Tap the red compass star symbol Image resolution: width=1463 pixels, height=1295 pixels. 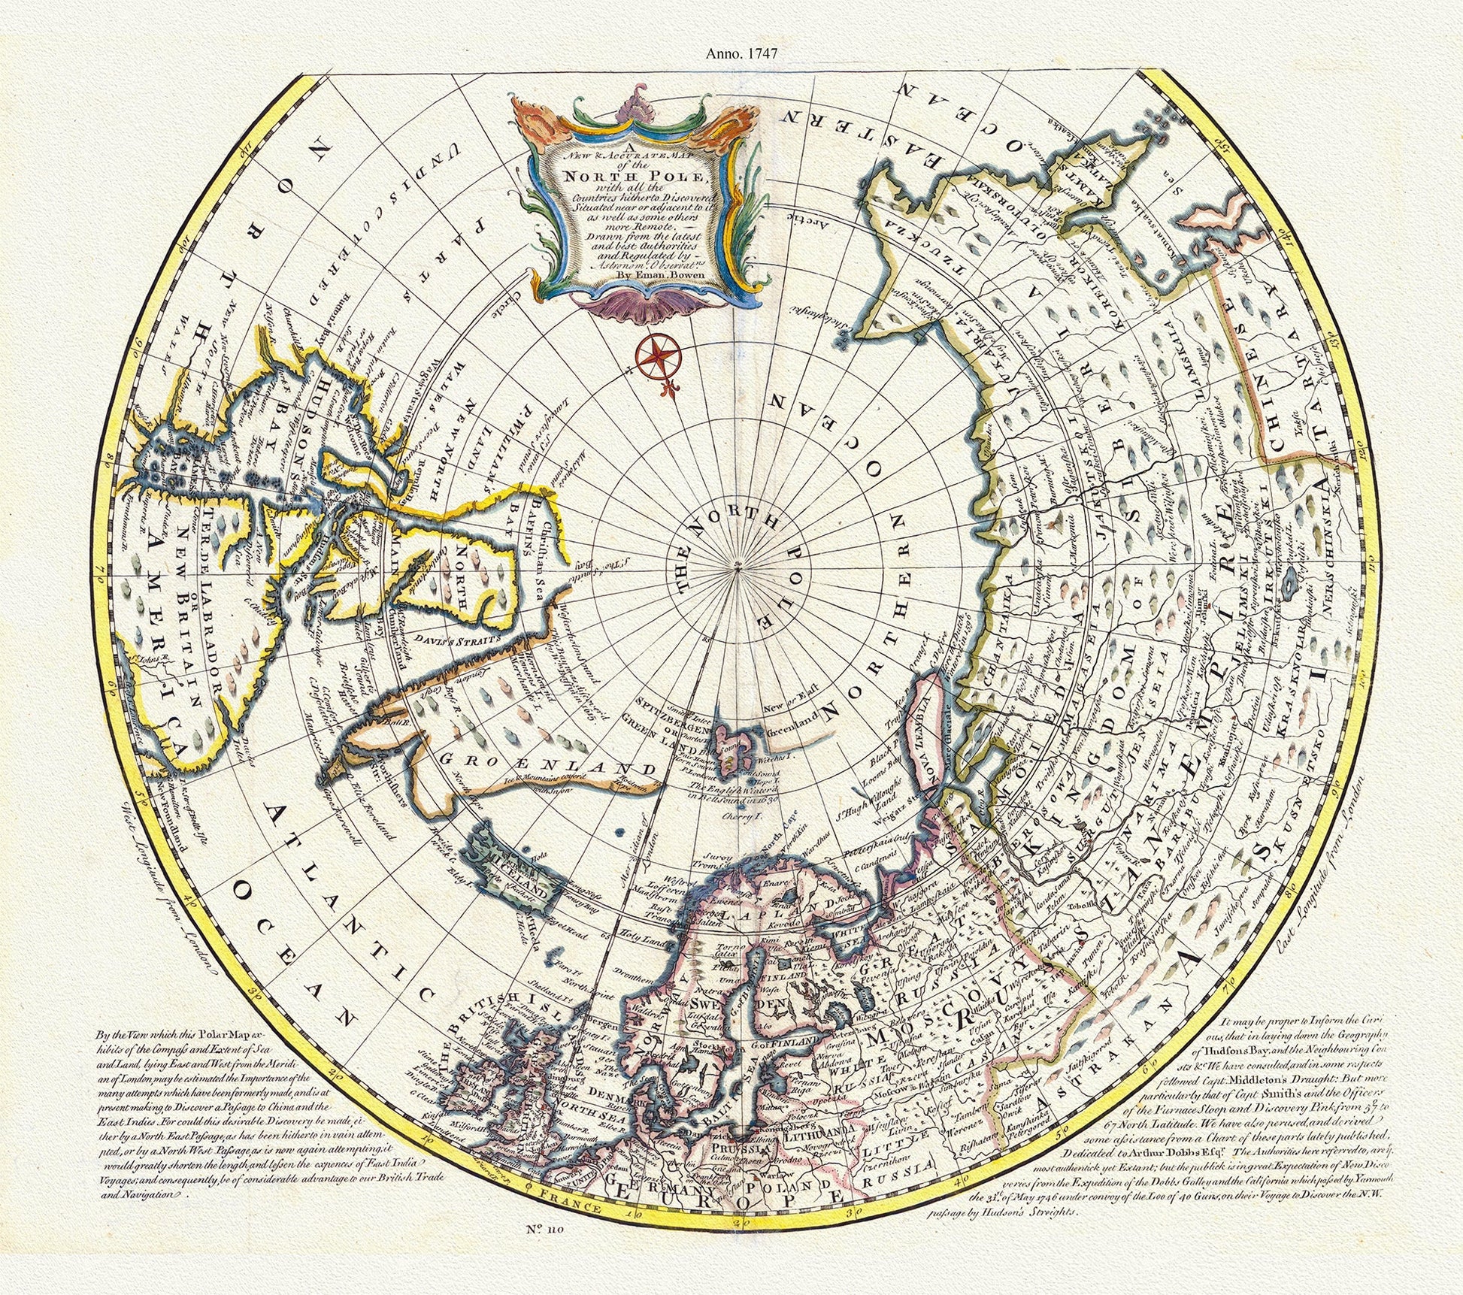658,356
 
